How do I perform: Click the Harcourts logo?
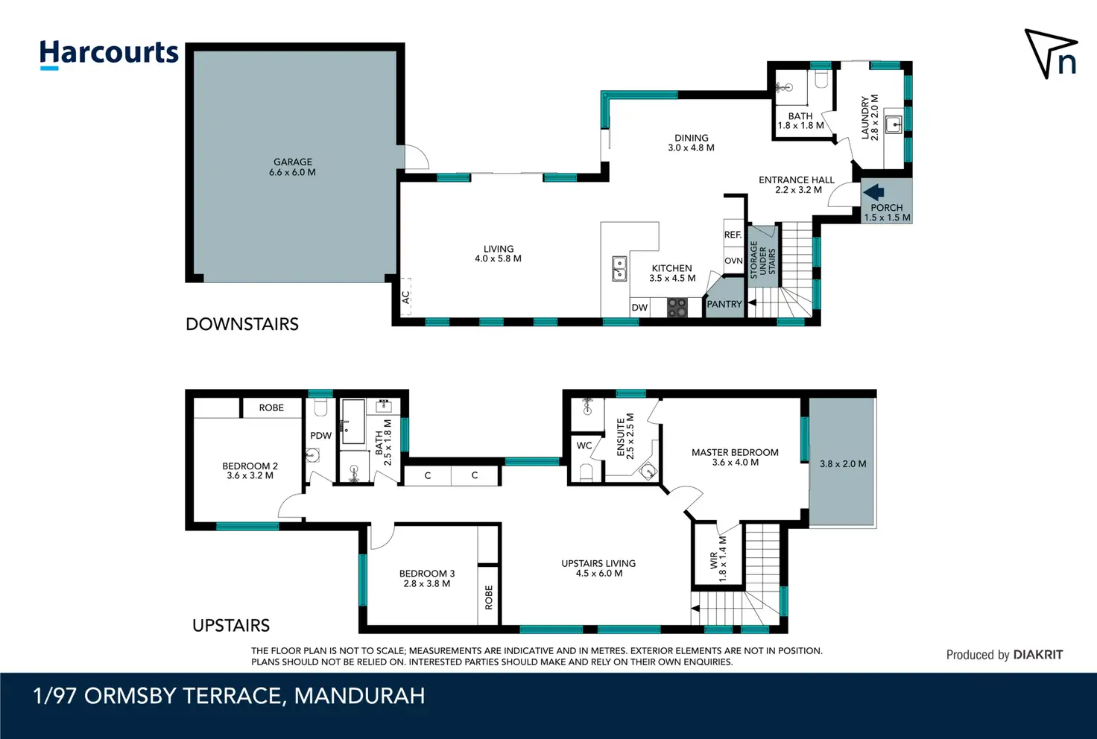(109, 54)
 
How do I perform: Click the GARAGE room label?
(292, 162)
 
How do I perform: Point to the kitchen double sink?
(619, 269)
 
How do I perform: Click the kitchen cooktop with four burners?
(677, 308)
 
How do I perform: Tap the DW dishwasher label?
(639, 308)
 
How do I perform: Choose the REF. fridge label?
(733, 235)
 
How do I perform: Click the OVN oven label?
(733, 261)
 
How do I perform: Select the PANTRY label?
(724, 304)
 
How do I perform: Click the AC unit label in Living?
(405, 297)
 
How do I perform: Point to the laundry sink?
(895, 125)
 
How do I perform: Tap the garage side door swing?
(417, 156)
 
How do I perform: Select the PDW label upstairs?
(320, 436)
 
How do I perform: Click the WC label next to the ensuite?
(584, 445)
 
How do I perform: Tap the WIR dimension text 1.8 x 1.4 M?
(723, 559)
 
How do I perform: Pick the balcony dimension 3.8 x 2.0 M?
(843, 463)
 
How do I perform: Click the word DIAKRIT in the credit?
(1037, 654)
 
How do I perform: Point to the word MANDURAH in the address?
(359, 696)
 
